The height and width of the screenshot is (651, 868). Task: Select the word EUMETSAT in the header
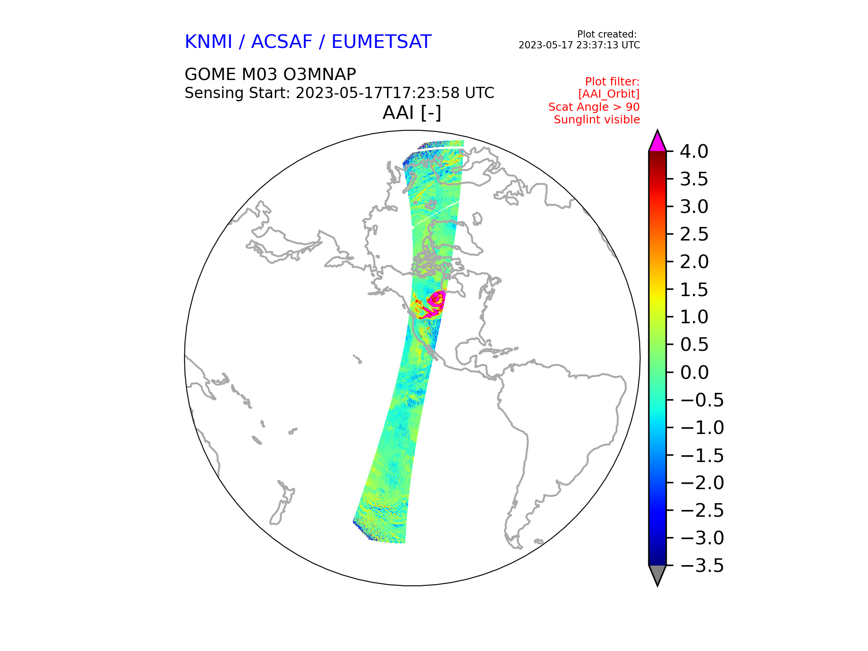[382, 42]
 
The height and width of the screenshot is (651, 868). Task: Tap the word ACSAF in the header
[282, 42]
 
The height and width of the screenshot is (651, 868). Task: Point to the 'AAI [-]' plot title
[412, 113]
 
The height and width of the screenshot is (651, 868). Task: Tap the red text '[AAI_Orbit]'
[609, 94]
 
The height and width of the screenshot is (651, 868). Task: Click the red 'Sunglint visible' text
[597, 120]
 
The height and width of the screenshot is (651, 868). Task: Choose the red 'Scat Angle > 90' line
[594, 107]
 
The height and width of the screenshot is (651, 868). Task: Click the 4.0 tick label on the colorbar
[694, 151]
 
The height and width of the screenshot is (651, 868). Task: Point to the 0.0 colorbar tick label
[694, 373]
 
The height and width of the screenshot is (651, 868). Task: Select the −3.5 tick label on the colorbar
[702, 566]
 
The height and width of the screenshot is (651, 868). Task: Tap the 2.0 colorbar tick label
[694, 262]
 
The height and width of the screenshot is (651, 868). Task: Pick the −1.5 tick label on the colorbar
[702, 455]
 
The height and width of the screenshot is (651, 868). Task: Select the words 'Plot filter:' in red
[612, 82]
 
